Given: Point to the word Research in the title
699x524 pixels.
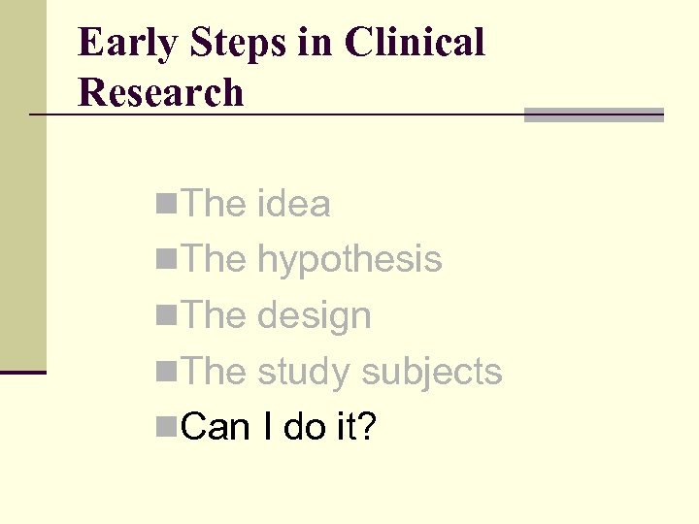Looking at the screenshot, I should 161,93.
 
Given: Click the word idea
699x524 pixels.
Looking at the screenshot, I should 294,204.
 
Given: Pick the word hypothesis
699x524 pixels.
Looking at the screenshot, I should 349,260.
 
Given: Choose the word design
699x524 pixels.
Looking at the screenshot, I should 315,316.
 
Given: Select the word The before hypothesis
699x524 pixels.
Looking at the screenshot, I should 215,260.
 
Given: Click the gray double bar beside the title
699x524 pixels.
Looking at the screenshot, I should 593,115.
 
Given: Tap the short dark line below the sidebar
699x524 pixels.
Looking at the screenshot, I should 23,372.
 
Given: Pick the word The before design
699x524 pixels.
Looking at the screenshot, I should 215,316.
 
